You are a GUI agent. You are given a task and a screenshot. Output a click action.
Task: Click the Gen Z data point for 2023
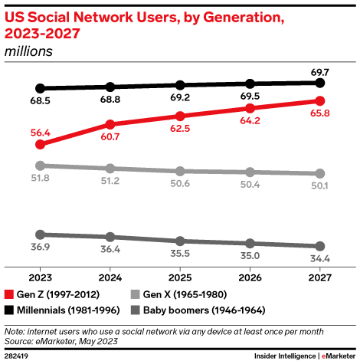click(x=41, y=143)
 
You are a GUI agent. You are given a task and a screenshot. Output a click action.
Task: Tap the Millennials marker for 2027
click(x=320, y=82)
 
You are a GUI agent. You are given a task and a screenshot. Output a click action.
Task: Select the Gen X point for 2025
click(x=180, y=171)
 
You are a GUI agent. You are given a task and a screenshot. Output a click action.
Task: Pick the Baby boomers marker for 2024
click(x=110, y=238)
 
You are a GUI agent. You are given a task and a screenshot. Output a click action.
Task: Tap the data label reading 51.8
click(x=41, y=179)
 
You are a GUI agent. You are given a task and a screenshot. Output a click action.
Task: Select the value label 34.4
click(x=320, y=260)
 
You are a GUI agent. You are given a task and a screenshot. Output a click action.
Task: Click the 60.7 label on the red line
click(x=110, y=137)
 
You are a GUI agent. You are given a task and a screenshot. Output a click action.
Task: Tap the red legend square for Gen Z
click(x=9, y=295)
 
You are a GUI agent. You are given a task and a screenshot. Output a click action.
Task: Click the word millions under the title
click(x=28, y=51)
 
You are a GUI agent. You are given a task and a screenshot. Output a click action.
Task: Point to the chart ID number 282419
click(x=17, y=356)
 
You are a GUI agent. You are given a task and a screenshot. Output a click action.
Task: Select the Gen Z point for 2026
click(x=250, y=108)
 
